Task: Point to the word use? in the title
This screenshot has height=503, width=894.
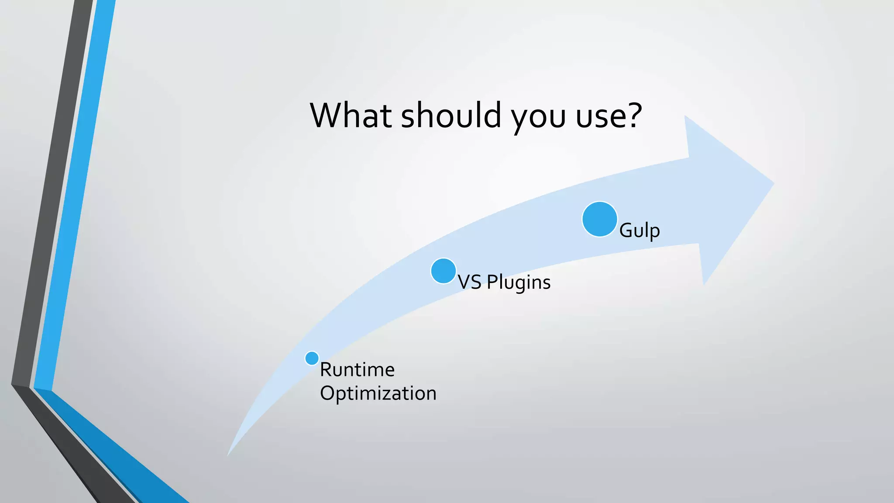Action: (609, 116)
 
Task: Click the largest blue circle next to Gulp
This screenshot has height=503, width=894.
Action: (599, 219)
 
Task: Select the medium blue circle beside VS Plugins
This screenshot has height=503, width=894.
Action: (443, 271)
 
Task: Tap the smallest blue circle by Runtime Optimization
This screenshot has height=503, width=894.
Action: (312, 358)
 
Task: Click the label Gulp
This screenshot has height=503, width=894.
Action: (639, 231)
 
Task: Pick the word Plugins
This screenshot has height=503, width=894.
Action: (519, 283)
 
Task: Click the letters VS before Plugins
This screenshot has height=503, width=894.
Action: (469, 282)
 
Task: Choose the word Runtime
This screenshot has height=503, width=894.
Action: (357, 370)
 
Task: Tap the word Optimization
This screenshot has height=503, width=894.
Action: (378, 393)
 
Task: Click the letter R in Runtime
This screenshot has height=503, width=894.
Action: (326, 370)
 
